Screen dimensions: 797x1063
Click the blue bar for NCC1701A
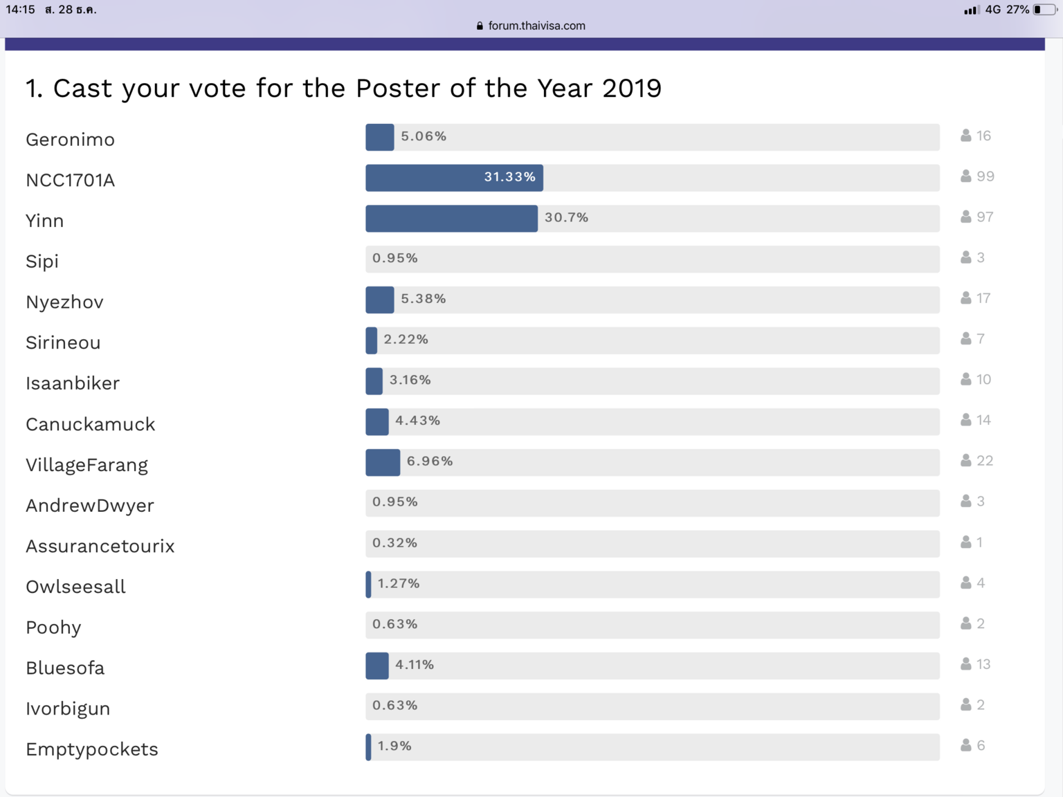click(453, 178)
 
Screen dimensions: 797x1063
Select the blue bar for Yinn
click(451, 219)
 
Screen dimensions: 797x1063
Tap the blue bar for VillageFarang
click(383, 462)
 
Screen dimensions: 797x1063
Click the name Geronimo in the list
click(70, 140)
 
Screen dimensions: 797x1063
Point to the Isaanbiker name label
click(73, 383)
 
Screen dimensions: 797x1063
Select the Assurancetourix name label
click(100, 547)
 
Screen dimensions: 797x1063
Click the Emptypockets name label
click(92, 749)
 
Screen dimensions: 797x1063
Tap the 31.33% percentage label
click(509, 177)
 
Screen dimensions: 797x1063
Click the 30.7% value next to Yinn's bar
click(566, 218)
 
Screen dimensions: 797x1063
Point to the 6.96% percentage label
click(430, 461)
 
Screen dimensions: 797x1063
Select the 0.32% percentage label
click(394, 543)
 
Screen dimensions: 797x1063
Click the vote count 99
click(985, 176)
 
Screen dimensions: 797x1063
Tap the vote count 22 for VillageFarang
click(985, 461)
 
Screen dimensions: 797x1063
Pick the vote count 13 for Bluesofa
click(983, 664)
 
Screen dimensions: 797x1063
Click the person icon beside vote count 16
click(966, 136)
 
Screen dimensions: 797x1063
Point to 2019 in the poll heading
click(632, 89)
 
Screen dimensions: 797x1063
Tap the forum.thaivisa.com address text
click(536, 26)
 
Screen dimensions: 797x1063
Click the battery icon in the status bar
click(1045, 10)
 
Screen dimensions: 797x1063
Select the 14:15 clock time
click(20, 10)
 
